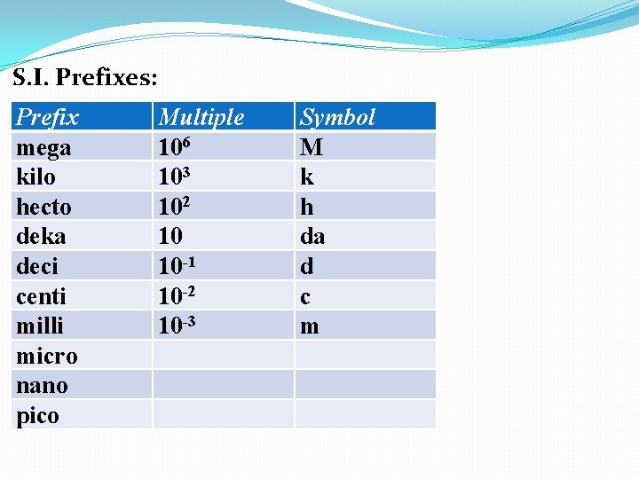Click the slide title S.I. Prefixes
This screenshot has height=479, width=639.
coord(85,78)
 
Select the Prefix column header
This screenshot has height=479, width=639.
coord(48,117)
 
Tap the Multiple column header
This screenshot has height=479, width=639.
coord(201,117)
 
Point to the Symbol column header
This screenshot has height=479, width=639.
coord(337,117)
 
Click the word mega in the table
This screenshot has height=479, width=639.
coord(43,147)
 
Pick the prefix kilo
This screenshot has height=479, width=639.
coord(35,177)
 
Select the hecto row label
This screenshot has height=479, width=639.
coord(43,207)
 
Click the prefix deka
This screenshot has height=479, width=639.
coord(41,237)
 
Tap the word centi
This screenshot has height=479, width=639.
coord(41,296)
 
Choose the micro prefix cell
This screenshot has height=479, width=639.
coord(47,357)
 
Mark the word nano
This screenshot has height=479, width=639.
coord(42,386)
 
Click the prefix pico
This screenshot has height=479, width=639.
coord(37,416)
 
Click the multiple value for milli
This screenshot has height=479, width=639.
coord(176,326)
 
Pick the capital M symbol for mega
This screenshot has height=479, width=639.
coord(312,147)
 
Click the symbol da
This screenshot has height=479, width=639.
coord(312,237)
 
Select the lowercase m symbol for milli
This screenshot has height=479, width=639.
coord(310,326)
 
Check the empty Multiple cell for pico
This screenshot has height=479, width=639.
coord(222,414)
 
